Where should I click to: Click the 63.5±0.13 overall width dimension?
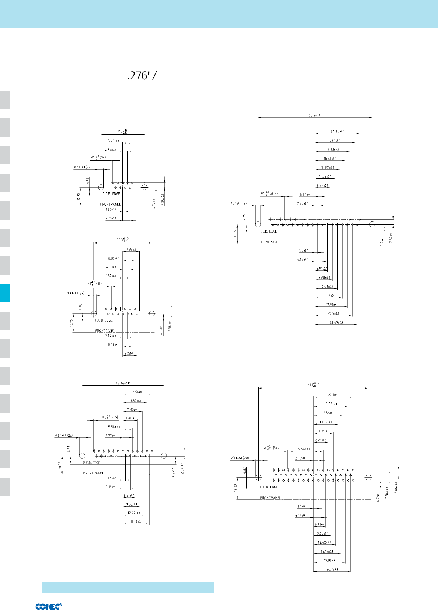point(315,115)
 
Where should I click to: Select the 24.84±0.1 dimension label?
point(337,131)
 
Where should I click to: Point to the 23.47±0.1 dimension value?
point(336,323)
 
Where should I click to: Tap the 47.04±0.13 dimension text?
point(123,383)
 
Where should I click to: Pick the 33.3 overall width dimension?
point(122,240)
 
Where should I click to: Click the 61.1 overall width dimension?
point(313,385)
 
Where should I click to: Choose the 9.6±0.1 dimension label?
point(131,250)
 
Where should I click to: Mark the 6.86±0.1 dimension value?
point(114,259)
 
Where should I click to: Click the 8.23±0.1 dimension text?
point(130,354)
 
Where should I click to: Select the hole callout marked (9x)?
point(98,157)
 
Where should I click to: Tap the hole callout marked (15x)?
point(95,284)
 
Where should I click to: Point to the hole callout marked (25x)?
point(110,417)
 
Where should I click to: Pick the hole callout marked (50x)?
point(272,448)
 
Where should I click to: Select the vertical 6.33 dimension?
point(245,471)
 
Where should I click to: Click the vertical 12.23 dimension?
point(236,488)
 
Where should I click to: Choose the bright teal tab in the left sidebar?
point(5,293)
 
